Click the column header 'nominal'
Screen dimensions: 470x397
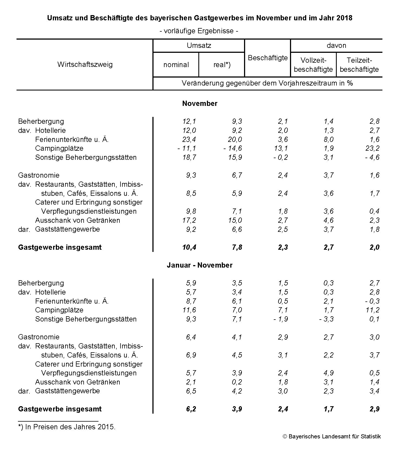[176, 65]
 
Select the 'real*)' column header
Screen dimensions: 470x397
[222, 65]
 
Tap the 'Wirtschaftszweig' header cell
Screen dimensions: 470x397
[85, 64]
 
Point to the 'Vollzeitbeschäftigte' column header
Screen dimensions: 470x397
[313, 65]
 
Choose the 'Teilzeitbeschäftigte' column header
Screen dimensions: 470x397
[359, 65]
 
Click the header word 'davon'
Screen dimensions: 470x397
[336, 45]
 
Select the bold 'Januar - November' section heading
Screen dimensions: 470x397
[199, 265]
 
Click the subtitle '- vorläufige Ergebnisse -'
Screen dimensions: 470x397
[199, 31]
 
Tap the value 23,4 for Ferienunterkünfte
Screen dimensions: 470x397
[189, 139]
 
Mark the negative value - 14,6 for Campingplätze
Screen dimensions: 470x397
[233, 148]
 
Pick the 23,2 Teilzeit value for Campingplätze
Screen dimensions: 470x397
[373, 148]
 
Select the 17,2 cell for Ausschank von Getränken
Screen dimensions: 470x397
[189, 220]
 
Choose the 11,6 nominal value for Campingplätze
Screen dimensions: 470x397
[189, 310]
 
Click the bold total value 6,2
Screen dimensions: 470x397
[191, 409]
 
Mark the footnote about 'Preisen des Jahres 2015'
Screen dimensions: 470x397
[67, 427]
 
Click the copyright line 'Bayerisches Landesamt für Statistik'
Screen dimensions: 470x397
[332, 436]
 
